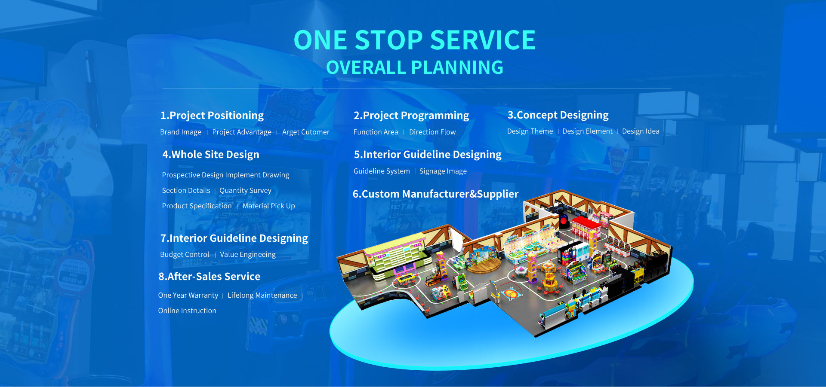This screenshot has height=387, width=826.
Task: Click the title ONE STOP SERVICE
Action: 414,40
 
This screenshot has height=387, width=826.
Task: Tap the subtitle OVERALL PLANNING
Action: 414,67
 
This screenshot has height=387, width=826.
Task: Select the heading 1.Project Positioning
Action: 212,116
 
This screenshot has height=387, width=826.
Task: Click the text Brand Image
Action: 181,132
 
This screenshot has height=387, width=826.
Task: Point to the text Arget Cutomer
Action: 305,132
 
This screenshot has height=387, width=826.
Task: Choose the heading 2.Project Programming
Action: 411,116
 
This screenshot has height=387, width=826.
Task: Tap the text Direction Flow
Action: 432,132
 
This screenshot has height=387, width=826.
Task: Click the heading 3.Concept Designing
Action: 558,115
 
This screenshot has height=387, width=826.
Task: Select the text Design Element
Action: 587,131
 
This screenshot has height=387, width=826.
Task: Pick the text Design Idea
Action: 640,131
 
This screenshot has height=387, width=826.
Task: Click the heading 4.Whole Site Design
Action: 210,155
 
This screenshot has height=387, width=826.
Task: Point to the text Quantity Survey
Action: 245,191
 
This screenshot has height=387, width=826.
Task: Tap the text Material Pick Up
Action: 268,206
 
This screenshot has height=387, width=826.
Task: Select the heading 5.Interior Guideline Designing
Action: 427,155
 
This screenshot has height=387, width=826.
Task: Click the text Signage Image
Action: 443,171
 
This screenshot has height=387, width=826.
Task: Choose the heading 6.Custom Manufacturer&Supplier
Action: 435,194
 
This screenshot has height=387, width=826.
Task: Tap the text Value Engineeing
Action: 247,255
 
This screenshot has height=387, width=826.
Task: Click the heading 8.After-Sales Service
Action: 209,277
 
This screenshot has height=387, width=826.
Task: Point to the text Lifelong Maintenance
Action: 262,296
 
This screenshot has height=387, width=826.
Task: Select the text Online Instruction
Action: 187,311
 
